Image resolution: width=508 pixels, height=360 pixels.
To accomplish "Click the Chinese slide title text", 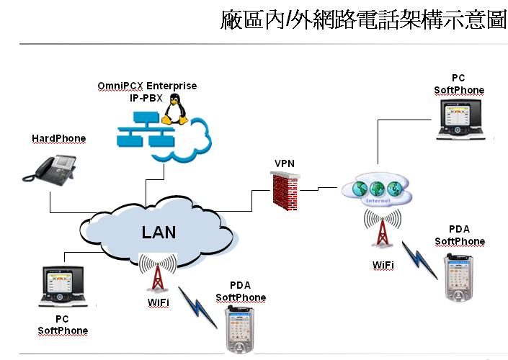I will pyautogui.click(x=364, y=19).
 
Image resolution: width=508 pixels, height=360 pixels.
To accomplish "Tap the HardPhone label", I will pyautogui.click(x=58, y=138).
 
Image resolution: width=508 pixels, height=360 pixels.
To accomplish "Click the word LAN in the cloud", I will pyautogui.click(x=159, y=232).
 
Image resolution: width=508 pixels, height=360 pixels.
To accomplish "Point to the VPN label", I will pyautogui.click(x=285, y=164).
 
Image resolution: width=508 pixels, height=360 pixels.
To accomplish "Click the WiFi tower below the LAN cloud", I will pyautogui.click(x=157, y=275).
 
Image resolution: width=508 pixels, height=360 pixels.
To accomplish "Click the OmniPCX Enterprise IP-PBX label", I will pyautogui.click(x=147, y=91).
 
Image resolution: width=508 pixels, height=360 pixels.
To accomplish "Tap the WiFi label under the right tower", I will pyautogui.click(x=383, y=265).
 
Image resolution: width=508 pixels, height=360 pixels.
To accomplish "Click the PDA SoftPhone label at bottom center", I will pyautogui.click(x=241, y=292).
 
